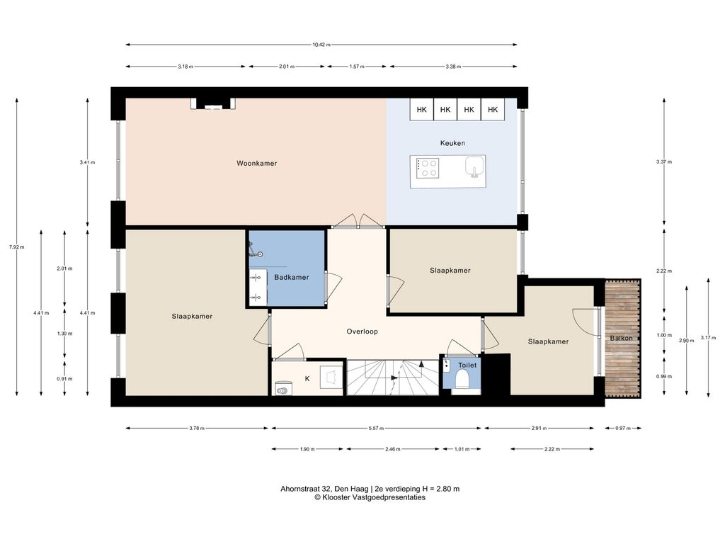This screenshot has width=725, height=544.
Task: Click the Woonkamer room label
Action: tap(256, 164)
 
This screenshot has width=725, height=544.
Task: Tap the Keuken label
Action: tap(452, 143)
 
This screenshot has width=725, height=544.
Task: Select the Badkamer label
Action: tap(291, 278)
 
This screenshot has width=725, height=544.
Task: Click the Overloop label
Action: tap(362, 331)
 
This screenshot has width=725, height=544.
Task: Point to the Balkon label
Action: tap(621, 338)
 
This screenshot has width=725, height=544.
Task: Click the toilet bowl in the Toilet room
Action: tap(462, 380)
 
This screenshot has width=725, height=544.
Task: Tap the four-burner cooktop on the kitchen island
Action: tap(428, 168)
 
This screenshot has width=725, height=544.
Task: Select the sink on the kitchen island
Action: tap(474, 166)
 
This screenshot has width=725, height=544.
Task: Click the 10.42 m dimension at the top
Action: tap(321, 45)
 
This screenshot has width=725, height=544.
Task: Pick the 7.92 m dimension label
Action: tap(17, 247)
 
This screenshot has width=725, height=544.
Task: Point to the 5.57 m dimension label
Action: tap(377, 429)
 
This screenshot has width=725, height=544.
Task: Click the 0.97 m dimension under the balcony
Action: tap(623, 429)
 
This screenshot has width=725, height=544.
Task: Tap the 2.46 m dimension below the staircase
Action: tap(393, 449)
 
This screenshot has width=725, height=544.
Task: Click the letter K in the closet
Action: tap(307, 379)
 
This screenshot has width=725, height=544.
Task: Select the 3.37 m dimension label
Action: tap(664, 162)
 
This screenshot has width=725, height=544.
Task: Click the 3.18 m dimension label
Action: tap(185, 67)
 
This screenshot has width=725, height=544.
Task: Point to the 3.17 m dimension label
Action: tap(708, 338)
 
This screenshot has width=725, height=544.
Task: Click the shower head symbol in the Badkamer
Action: tap(261, 254)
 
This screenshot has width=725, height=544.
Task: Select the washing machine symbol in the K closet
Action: tap(282, 389)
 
